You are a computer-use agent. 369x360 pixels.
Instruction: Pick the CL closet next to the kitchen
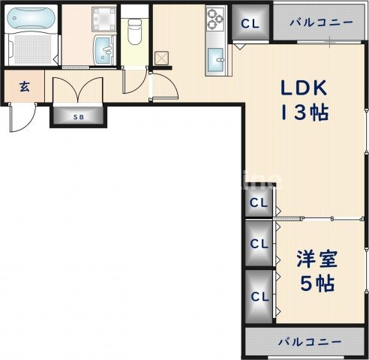(x=250, y=23)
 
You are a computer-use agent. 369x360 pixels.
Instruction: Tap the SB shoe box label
(x=78, y=116)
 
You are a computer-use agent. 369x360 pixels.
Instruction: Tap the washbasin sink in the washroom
(x=103, y=52)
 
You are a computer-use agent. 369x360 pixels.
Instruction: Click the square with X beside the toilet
(x=160, y=58)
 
